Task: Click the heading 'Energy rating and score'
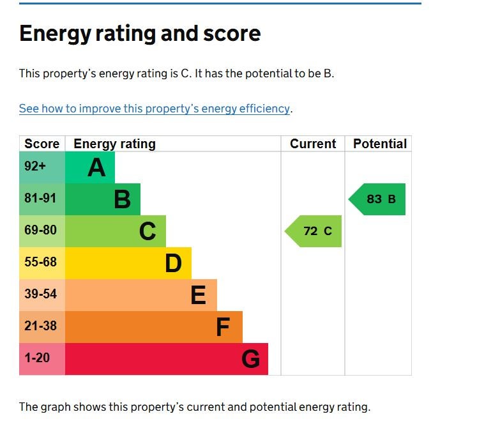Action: click(140, 33)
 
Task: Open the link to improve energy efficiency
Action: click(155, 109)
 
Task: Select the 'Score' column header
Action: click(42, 144)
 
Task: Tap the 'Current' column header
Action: click(313, 144)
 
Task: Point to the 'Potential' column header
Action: click(379, 144)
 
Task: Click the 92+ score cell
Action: click(35, 167)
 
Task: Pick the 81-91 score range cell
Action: click(40, 199)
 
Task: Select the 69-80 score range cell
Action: click(40, 231)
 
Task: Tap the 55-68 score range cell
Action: click(40, 263)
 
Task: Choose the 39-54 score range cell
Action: click(40, 294)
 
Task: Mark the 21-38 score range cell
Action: click(40, 326)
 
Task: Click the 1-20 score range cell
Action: click(37, 358)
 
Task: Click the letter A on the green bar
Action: click(96, 168)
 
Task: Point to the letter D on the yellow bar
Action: click(173, 263)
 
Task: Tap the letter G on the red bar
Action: click(250, 360)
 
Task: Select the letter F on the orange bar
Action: click(222, 328)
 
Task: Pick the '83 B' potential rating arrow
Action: click(378, 199)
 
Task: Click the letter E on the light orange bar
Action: click(198, 295)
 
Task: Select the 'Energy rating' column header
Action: click(115, 144)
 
